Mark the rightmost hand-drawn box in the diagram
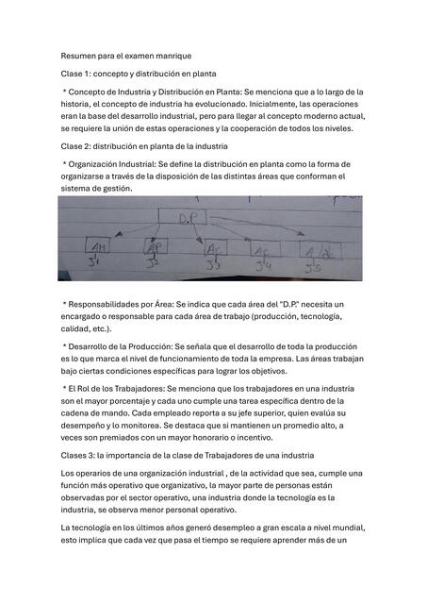320,251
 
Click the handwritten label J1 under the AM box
93,264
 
